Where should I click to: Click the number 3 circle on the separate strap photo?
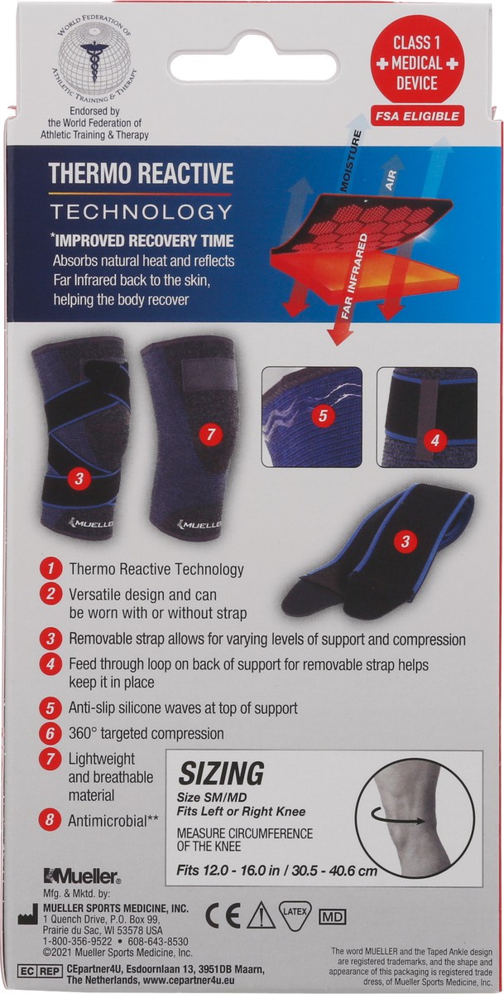tap(405, 542)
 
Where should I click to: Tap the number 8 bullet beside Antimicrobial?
tap(51, 821)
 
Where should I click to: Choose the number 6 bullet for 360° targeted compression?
tap(51, 732)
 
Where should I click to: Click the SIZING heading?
tap(221, 774)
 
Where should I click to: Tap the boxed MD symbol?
tap(332, 917)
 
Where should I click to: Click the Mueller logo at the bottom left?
tap(83, 876)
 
